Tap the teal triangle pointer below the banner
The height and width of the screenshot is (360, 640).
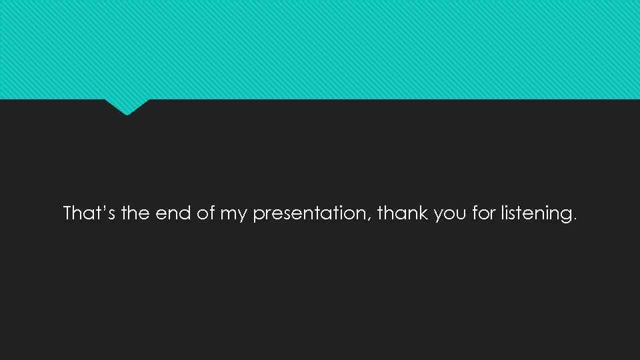pos(127,106)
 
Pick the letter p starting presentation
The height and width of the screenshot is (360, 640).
pos(258,215)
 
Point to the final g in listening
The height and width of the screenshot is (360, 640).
pos(565,215)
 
